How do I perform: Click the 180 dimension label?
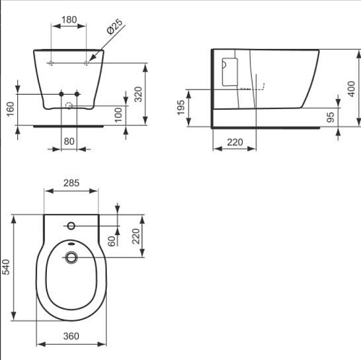pyautogui.click(x=69, y=20)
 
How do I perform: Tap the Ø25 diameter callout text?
pyautogui.click(x=115, y=27)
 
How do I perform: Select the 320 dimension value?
pyautogui.click(x=138, y=94)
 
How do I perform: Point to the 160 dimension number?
pyautogui.click(x=10, y=109)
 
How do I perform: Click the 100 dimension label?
pyautogui.click(x=118, y=115)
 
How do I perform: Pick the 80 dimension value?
pyautogui.click(x=69, y=141)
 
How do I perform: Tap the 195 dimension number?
pyautogui.click(x=180, y=108)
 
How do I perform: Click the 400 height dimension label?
pyautogui.click(x=352, y=89)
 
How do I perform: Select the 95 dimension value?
pyautogui.click(x=331, y=117)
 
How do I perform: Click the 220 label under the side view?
pyautogui.click(x=235, y=142)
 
